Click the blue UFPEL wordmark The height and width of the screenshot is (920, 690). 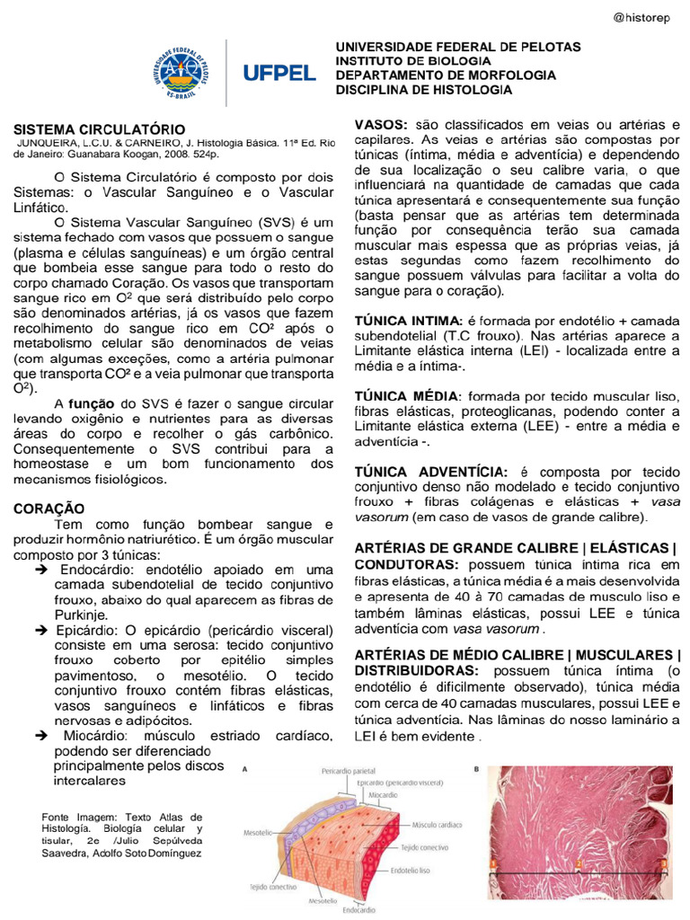279,72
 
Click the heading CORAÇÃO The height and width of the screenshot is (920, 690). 49,509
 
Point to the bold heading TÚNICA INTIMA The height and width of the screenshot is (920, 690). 407,321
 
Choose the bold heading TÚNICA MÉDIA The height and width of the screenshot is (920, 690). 407,396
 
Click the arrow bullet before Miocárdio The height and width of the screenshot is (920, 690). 41,735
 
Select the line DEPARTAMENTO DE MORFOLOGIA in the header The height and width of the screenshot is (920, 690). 446,75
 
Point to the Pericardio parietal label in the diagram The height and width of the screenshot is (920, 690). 349,771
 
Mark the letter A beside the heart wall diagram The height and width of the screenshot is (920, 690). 246,770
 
